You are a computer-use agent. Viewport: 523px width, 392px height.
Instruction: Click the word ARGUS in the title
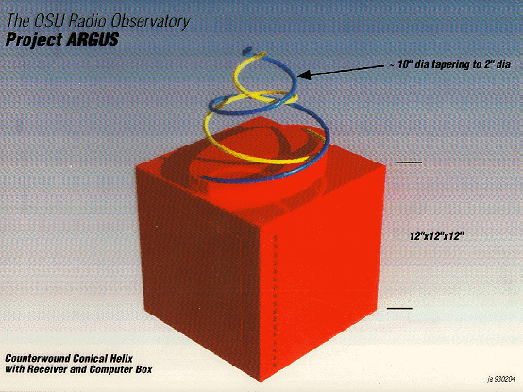pos(93,40)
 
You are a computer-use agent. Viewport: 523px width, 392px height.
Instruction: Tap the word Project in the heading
pos(34,41)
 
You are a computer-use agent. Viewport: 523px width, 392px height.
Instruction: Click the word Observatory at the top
pos(150,22)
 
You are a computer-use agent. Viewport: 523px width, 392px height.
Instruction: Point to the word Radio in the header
pos(88,22)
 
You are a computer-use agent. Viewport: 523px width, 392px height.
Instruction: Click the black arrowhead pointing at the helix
pos(304,75)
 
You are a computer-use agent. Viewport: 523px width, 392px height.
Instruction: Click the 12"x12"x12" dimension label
pos(436,236)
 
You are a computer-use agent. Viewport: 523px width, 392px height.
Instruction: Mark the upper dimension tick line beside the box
pos(409,162)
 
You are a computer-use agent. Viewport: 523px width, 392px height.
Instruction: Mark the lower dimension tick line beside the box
pos(399,308)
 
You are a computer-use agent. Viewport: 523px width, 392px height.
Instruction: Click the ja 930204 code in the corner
pos(501,380)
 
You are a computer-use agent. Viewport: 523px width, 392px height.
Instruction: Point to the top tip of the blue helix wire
pos(247,51)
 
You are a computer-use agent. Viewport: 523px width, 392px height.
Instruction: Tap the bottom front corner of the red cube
pos(261,381)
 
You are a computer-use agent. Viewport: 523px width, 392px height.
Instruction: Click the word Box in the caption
pos(144,369)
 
